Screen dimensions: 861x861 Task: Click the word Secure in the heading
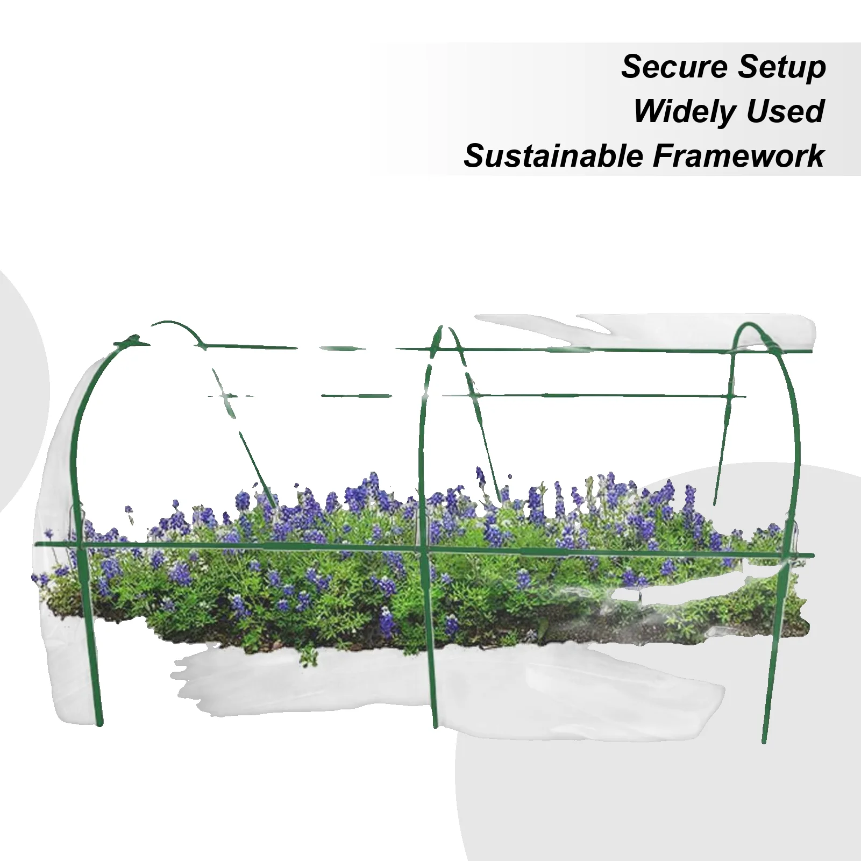(x=674, y=67)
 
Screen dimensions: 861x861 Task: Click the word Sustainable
(x=553, y=156)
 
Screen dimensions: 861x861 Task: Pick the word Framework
(x=738, y=156)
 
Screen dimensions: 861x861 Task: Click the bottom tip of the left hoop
(x=99, y=724)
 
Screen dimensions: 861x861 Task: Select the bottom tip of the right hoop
(x=764, y=742)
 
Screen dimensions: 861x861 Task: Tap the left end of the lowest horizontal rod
(x=36, y=544)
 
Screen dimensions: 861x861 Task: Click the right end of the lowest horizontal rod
(x=813, y=555)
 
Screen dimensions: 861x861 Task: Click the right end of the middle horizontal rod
(x=745, y=397)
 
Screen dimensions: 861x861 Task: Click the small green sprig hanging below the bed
(x=308, y=656)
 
